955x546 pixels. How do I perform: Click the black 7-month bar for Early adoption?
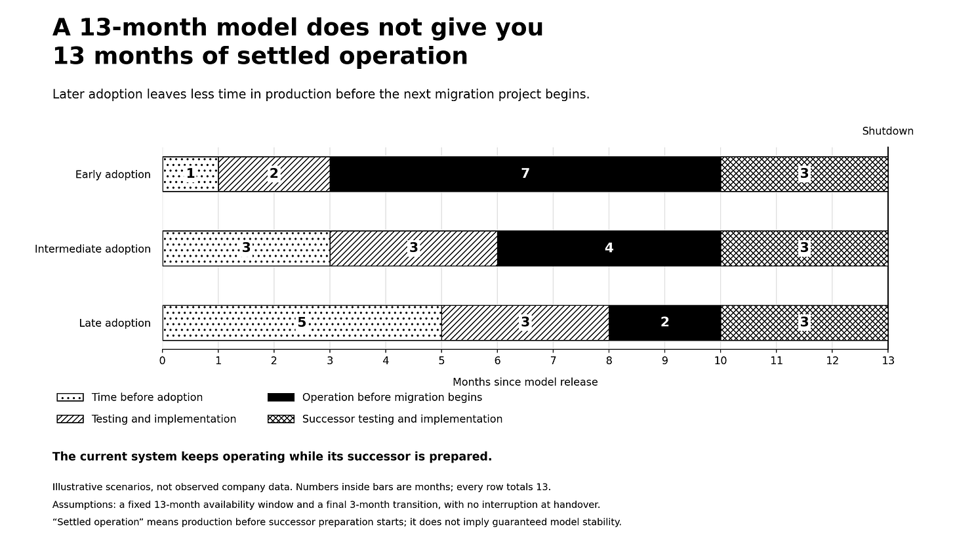point(525,174)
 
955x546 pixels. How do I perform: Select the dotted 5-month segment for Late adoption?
point(302,323)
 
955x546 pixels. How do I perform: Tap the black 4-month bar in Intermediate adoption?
point(609,248)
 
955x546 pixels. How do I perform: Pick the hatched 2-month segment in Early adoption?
point(274,174)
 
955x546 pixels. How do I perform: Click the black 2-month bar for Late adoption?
point(664,323)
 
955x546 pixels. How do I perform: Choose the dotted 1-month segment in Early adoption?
point(191,174)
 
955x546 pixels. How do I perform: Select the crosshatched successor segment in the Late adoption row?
point(805,323)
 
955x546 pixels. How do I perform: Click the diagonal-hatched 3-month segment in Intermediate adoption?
point(413,248)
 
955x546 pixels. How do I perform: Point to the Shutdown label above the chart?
point(887,131)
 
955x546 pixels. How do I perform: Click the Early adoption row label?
point(113,175)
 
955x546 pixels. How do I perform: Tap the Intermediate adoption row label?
point(92,249)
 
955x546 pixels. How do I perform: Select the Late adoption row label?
point(115,323)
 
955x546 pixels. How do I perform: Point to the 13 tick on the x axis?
point(888,361)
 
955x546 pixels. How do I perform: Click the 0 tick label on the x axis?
point(163,361)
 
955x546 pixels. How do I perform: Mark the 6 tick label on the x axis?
point(498,361)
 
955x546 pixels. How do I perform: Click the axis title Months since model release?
point(525,382)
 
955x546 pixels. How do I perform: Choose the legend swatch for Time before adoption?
point(70,398)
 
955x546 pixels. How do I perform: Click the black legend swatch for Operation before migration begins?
point(281,398)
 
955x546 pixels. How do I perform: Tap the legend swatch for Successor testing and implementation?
point(281,419)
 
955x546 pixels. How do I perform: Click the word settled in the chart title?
point(283,56)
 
